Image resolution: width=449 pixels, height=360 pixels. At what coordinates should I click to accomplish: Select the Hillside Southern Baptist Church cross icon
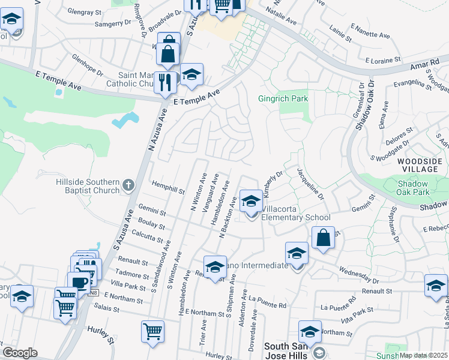(x=128, y=185)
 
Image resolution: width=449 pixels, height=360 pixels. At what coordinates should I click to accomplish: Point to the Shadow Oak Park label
(x=423, y=188)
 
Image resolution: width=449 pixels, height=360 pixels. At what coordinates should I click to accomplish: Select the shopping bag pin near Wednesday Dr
(x=323, y=237)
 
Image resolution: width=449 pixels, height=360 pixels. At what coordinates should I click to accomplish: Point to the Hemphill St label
(x=168, y=187)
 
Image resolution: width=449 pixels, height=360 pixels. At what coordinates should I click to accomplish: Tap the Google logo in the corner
(x=20, y=352)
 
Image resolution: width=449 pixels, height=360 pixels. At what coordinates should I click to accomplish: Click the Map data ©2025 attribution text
(x=424, y=355)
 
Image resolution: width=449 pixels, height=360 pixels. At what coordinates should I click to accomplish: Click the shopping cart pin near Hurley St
(x=152, y=332)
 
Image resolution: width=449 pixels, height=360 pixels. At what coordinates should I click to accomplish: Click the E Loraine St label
(x=383, y=60)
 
